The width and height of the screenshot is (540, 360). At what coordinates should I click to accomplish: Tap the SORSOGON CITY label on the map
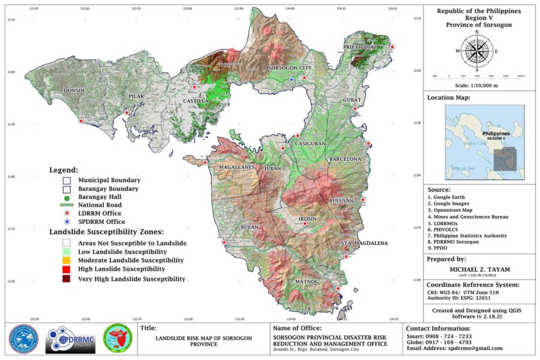coord(289,68)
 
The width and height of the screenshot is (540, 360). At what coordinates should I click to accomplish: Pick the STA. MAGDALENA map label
coord(364,243)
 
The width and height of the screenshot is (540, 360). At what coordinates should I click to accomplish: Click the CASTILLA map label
coord(195,101)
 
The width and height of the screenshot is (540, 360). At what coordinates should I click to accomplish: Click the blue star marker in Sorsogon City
coord(292,80)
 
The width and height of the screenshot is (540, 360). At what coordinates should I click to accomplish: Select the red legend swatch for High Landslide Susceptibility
coord(67,270)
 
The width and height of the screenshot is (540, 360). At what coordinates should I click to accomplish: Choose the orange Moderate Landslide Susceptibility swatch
coord(67,260)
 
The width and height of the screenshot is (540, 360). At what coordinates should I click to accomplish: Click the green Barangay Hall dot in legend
coord(67,197)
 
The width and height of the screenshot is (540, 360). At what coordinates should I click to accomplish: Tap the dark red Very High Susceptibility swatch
coord(67,279)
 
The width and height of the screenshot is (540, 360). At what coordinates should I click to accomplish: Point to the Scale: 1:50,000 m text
coord(477,85)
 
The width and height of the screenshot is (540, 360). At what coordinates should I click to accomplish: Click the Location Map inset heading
coord(449,98)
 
